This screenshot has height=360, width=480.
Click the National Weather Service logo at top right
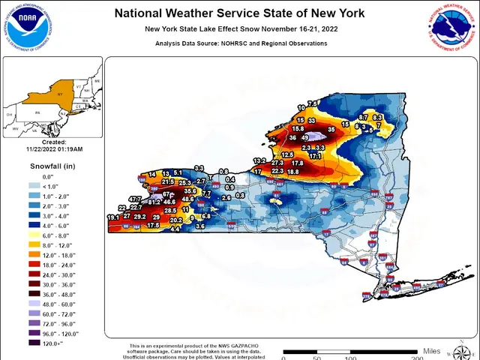tap(451, 29)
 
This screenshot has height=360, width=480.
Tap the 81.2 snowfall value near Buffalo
tap(154, 202)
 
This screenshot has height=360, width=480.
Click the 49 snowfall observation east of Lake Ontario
tap(305, 138)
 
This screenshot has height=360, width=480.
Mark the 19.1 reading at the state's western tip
tap(113, 217)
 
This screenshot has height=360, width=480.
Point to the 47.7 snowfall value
tap(135, 199)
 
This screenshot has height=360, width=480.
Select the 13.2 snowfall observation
tap(259, 161)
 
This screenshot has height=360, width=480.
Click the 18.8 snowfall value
tap(292, 172)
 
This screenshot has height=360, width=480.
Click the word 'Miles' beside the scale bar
tap(431, 350)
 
